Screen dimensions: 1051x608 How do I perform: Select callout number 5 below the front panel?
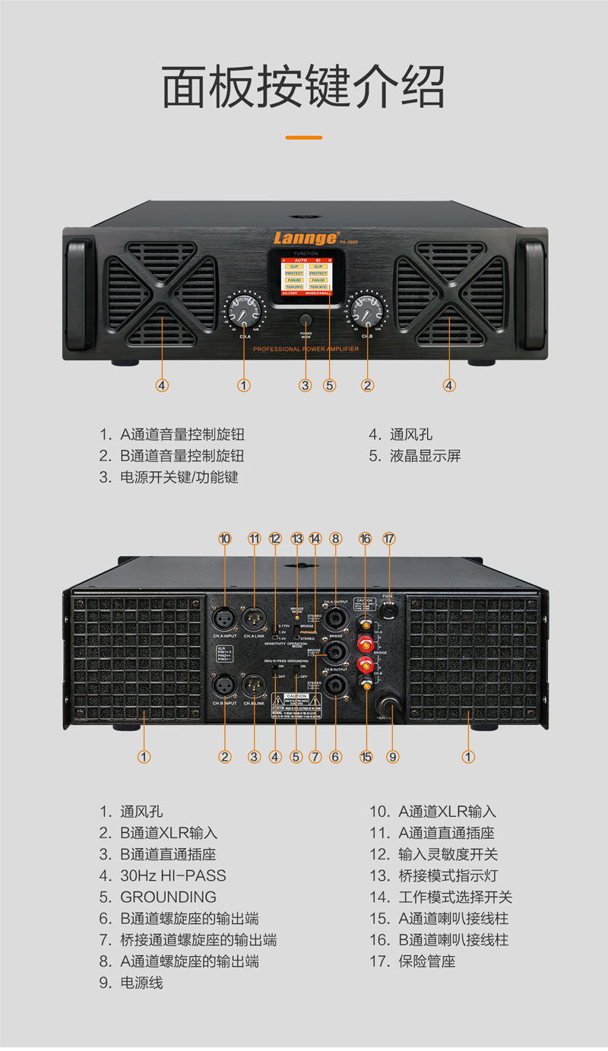329,385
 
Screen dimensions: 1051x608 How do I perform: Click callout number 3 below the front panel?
305,385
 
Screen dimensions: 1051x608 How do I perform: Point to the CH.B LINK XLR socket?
255,685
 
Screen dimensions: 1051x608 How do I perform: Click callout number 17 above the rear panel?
389,539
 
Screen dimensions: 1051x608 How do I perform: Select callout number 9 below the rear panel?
393,757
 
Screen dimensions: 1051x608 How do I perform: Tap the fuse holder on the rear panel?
389,609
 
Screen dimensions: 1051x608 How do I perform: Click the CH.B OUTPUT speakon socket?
335,685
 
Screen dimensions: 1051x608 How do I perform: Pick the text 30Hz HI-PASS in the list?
173,875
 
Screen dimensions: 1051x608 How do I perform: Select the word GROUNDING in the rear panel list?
168,897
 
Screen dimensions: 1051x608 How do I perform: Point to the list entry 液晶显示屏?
425,456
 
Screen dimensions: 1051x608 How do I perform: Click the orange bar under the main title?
303,138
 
